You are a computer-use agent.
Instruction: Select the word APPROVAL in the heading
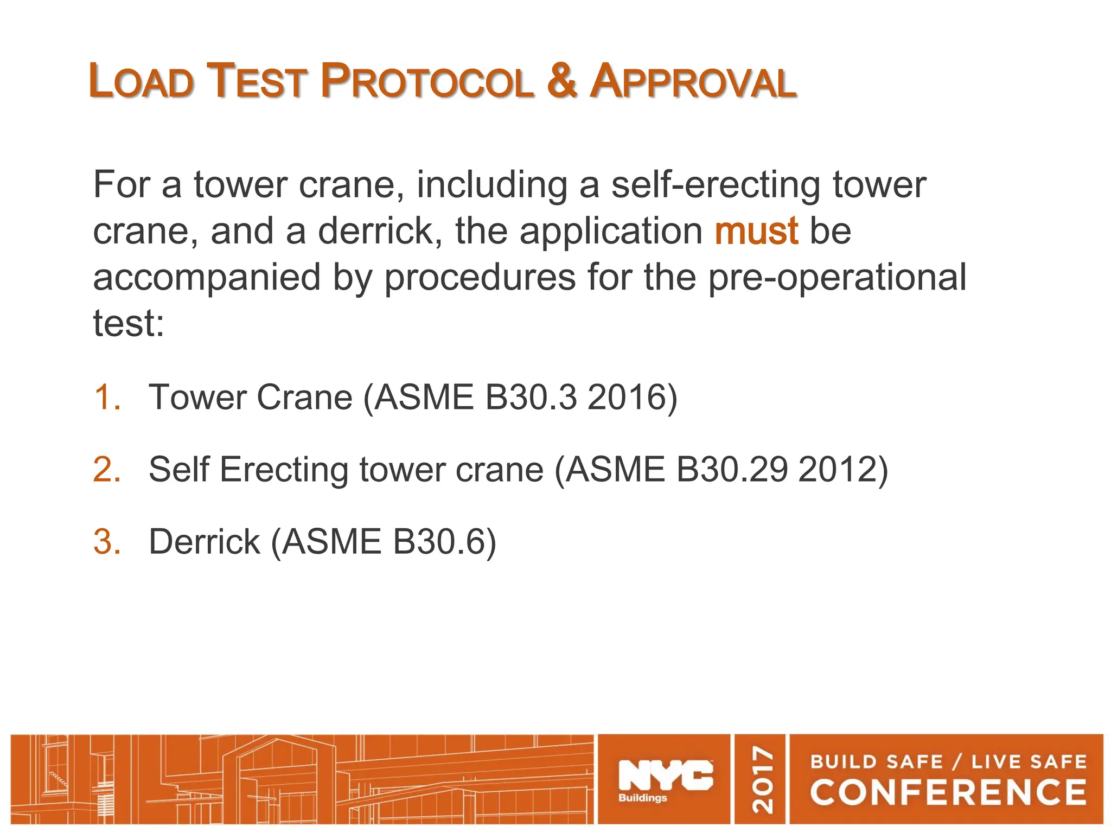693,81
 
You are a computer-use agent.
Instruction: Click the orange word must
756,231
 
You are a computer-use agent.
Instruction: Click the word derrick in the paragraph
380,231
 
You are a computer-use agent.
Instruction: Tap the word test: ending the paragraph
129,323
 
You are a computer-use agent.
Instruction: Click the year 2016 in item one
632,398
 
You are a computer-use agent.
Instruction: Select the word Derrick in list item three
205,542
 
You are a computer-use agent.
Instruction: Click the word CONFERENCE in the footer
948,792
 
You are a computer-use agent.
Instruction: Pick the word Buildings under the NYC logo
643,798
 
